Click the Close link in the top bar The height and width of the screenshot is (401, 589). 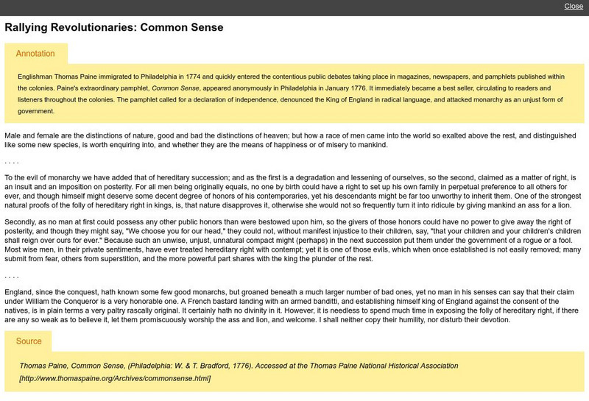click(x=574, y=7)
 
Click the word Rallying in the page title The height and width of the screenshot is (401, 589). click(x=30, y=28)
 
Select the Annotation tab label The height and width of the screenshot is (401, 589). click(x=35, y=54)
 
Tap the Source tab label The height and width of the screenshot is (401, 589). click(x=29, y=341)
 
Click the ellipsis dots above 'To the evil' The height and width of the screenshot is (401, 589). click(x=11, y=161)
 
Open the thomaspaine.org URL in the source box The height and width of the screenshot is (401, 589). click(x=115, y=378)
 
